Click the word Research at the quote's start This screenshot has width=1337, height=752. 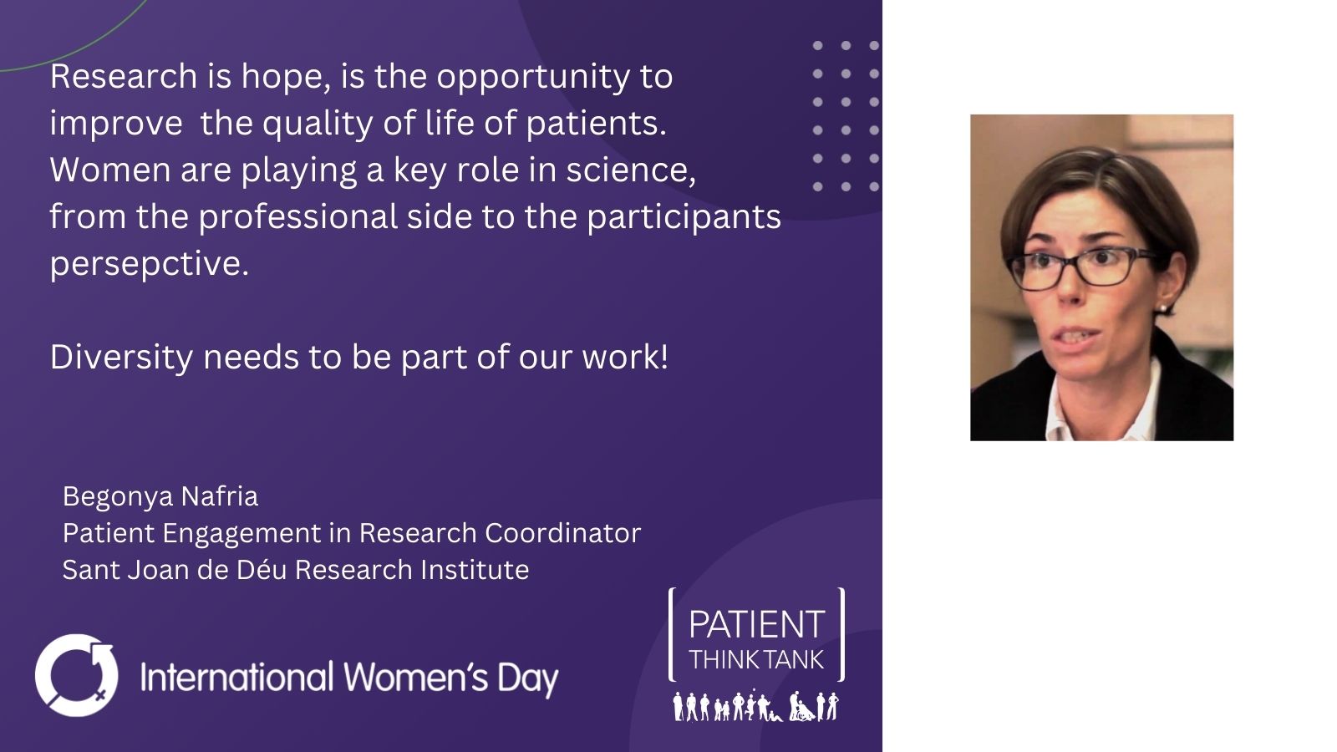pos(124,76)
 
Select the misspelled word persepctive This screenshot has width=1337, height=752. pos(149,264)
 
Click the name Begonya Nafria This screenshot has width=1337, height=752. pos(160,497)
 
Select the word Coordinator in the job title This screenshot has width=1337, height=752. pos(563,533)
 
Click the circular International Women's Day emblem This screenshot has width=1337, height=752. pos(76,675)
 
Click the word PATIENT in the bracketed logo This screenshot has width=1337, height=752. pos(757,624)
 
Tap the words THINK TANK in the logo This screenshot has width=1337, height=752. pos(757,660)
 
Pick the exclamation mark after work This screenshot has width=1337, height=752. pos(663,357)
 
